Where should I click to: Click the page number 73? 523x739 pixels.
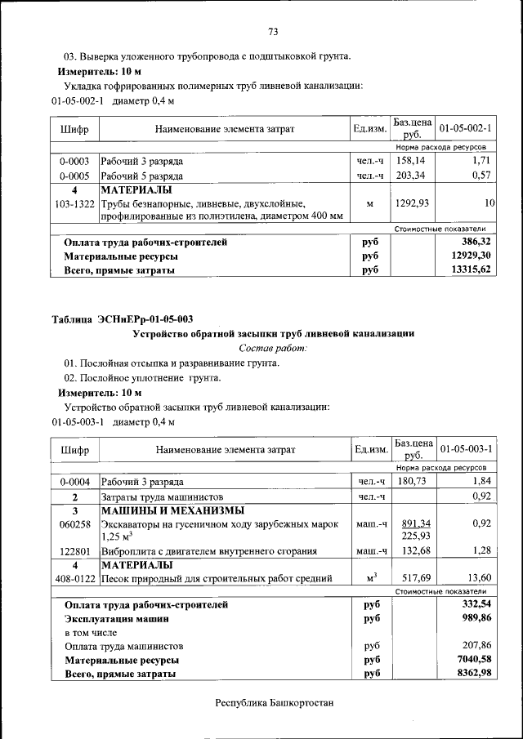tap(273, 32)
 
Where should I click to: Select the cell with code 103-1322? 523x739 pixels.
tap(74, 203)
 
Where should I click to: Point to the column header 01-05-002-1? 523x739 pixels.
tap(464, 129)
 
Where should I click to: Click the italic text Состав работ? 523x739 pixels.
tap(273, 348)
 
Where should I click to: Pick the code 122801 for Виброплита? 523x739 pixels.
tap(74, 551)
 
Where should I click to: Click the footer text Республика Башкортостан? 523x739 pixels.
tap(275, 702)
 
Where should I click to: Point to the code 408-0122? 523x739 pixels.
tap(74, 579)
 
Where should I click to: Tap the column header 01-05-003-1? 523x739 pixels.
tap(464, 450)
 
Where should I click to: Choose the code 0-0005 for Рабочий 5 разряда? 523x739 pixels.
tap(74, 176)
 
